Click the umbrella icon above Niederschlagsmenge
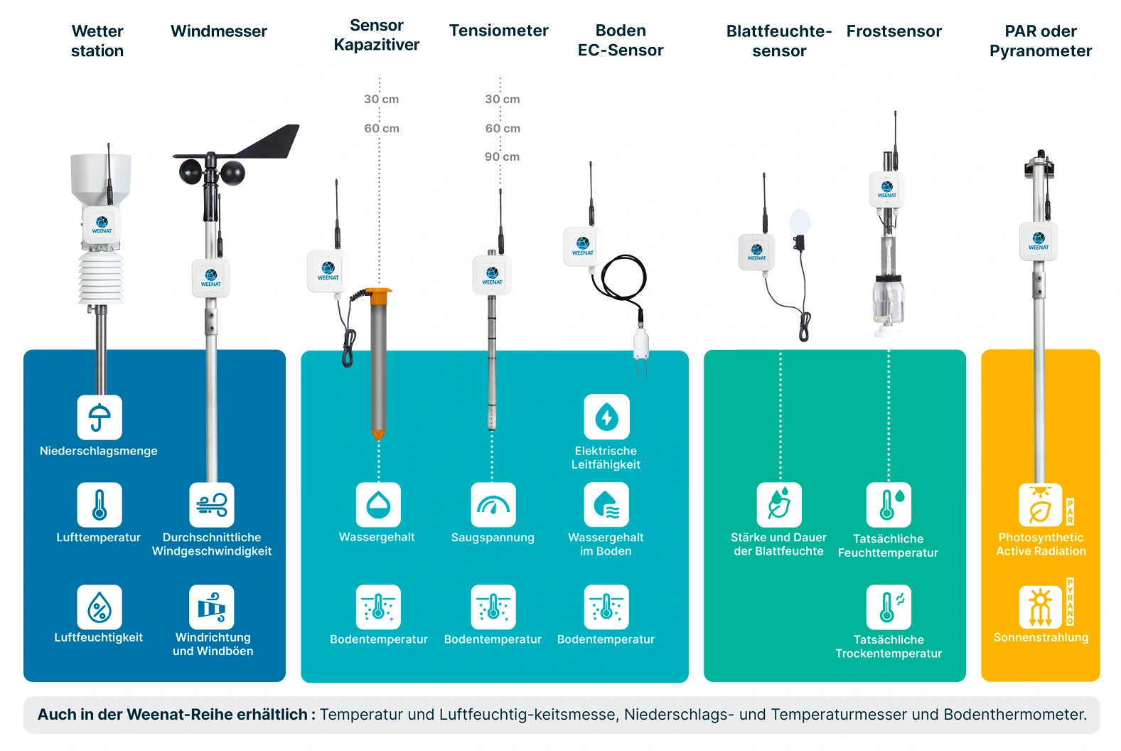[99, 417]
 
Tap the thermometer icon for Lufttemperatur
[99, 505]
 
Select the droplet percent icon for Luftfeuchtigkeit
[99, 607]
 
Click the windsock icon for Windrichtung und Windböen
[212, 607]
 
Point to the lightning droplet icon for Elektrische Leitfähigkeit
[606, 417]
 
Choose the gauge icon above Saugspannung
[493, 505]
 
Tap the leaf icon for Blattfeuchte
[778, 505]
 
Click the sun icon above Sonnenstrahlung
[1040, 607]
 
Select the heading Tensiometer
[498, 31]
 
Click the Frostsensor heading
[894, 31]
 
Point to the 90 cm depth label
[502, 156]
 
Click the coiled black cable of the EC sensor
[623, 278]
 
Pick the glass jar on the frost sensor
[889, 300]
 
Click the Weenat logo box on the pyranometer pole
[1039, 241]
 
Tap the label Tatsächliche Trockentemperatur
[889, 646]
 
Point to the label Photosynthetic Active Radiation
[1041, 544]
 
